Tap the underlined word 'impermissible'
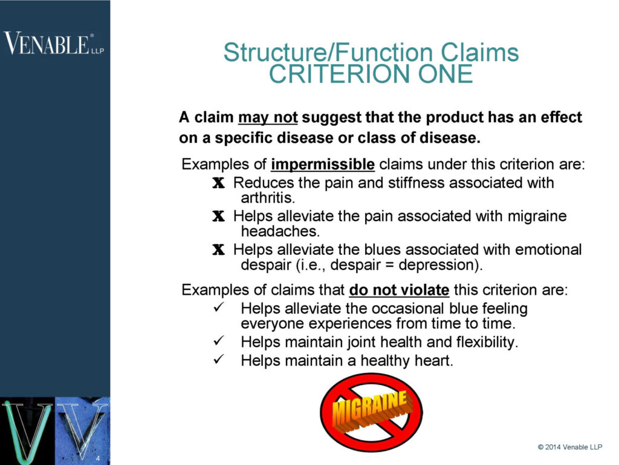[323, 165]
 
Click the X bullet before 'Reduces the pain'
[218, 183]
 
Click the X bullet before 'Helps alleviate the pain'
[218, 216]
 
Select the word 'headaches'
[271, 231]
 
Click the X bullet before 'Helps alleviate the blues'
[218, 249]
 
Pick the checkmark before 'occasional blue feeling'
[220, 309]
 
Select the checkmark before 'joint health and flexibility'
[220, 342]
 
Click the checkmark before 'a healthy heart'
[220, 360]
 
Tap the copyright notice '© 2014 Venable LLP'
[574, 447]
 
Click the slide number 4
[97, 460]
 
